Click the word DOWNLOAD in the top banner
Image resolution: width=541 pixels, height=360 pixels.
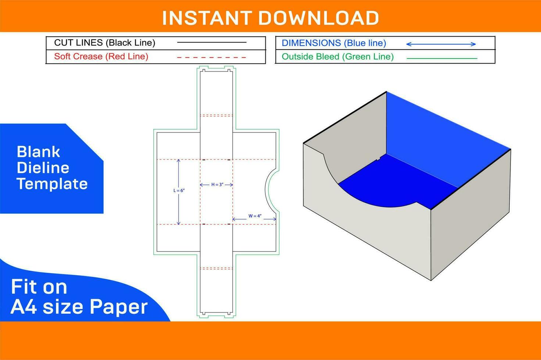319,18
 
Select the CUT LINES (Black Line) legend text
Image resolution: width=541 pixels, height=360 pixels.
105,43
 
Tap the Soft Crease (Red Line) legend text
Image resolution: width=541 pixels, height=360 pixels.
101,57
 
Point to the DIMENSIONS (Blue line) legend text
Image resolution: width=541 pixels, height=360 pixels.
334,43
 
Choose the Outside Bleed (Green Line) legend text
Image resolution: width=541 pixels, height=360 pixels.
337,57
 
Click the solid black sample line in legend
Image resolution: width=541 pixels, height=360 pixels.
212,43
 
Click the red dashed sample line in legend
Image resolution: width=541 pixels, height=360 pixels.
212,57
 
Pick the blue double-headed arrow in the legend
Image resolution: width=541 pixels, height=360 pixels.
441,44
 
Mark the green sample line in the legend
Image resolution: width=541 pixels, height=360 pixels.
442,58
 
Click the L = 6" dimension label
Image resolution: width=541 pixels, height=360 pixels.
179,191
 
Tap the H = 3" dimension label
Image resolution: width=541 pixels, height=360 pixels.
217,185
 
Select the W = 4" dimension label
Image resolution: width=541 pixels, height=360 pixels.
255,216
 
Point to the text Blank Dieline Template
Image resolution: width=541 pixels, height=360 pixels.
52,168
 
